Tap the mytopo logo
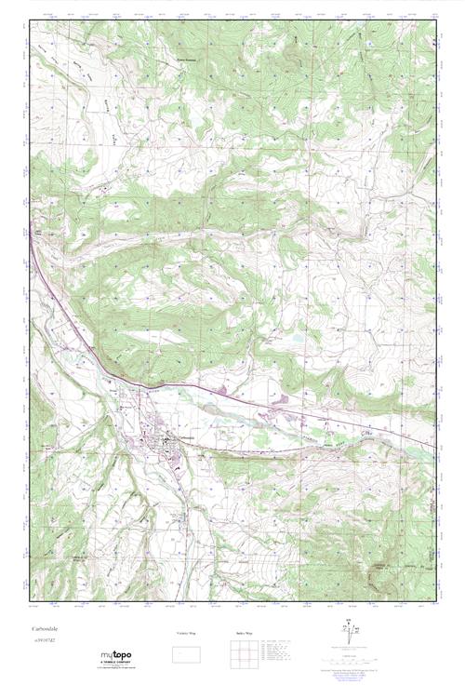coord(118,657)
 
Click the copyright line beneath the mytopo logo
coord(118,671)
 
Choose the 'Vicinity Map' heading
coord(188,633)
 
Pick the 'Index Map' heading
coord(242,633)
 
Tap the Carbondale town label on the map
coord(182,439)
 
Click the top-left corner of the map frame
coord(30,20)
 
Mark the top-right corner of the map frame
coord(435,20)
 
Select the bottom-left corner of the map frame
coord(30,600)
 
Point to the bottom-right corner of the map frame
coord(435,600)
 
